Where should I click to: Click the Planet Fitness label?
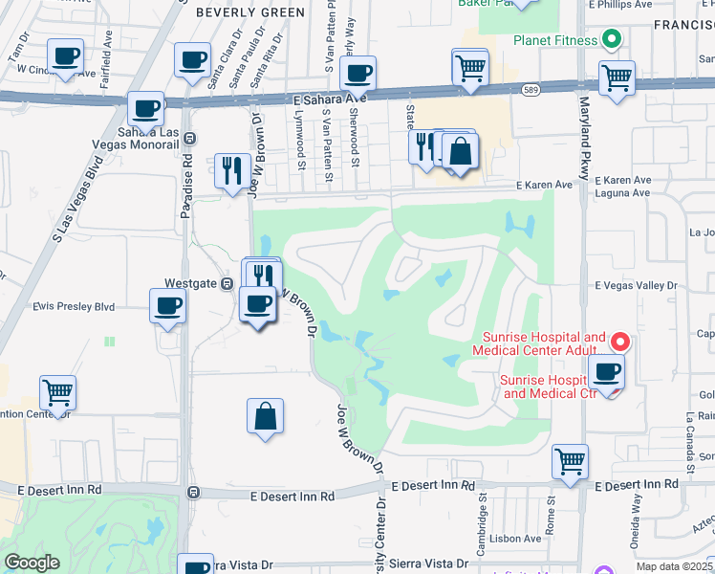554,40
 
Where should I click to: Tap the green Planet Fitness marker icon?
612,40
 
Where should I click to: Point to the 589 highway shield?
530,90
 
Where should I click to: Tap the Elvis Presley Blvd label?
74,307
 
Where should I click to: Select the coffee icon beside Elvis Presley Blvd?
168,307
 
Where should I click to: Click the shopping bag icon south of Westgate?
265,416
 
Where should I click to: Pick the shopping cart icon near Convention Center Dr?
57,392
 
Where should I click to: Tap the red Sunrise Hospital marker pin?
619,341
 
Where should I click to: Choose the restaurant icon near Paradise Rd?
232,171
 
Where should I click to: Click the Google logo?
32,563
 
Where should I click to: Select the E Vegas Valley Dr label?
636,285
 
